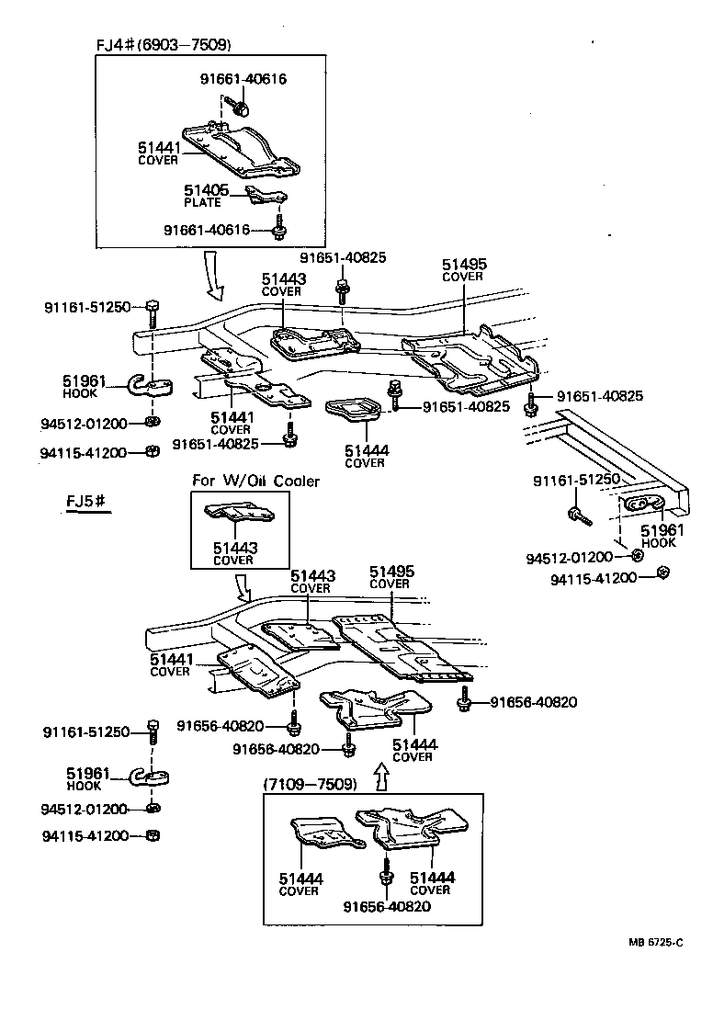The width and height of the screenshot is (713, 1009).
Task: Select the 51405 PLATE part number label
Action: click(x=205, y=191)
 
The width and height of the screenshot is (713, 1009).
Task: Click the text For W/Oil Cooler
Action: click(x=255, y=482)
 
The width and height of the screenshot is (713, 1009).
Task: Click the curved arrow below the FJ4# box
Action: click(x=215, y=279)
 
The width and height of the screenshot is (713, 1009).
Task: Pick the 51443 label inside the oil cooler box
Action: click(x=235, y=549)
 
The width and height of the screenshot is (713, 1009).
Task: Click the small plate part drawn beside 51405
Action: click(x=267, y=196)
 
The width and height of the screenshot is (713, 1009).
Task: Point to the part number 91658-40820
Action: click(x=276, y=749)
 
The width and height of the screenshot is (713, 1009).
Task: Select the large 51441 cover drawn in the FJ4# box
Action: click(x=242, y=150)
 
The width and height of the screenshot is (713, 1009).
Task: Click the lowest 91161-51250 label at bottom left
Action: click(x=88, y=732)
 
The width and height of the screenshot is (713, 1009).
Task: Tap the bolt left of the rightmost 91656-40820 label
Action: click(x=464, y=704)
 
